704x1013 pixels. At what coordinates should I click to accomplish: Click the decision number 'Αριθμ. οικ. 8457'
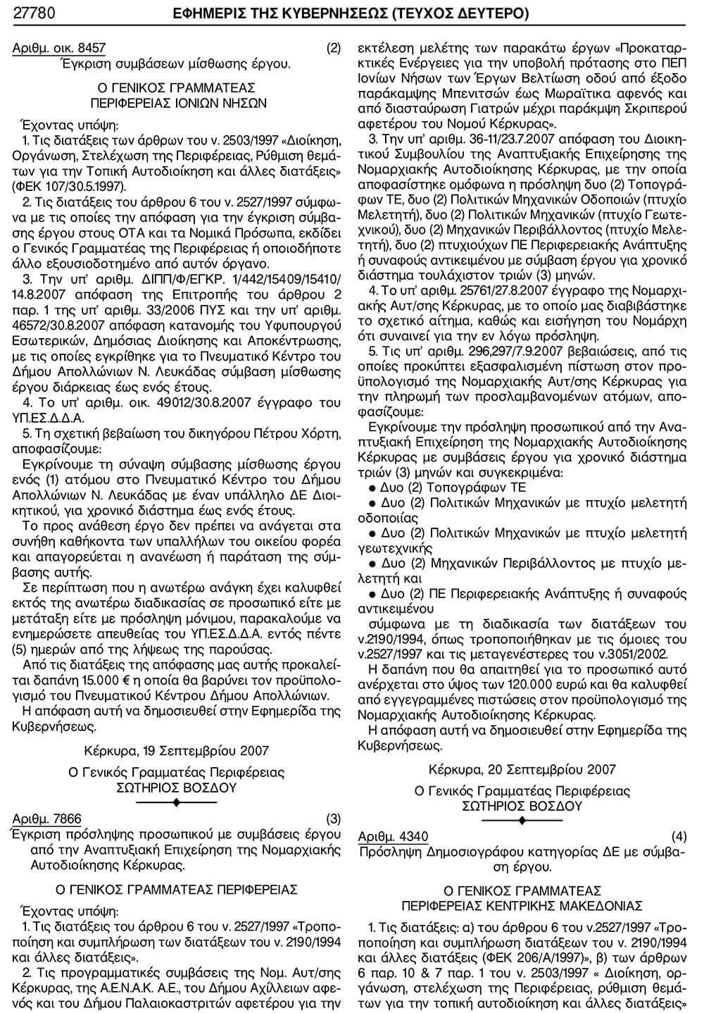59,49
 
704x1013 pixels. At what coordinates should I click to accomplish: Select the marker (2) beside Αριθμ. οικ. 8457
334,49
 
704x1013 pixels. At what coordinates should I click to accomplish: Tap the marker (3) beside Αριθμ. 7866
334,819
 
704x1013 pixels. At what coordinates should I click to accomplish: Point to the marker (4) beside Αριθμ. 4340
679,836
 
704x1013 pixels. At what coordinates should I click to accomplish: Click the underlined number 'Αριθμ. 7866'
47,819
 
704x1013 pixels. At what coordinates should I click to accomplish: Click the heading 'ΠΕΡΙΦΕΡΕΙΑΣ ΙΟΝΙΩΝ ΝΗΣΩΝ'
176,101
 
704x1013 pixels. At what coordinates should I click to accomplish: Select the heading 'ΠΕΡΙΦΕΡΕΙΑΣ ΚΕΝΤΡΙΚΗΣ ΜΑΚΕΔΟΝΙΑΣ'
522,904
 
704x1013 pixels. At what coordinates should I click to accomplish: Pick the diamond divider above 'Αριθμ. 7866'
176,803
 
